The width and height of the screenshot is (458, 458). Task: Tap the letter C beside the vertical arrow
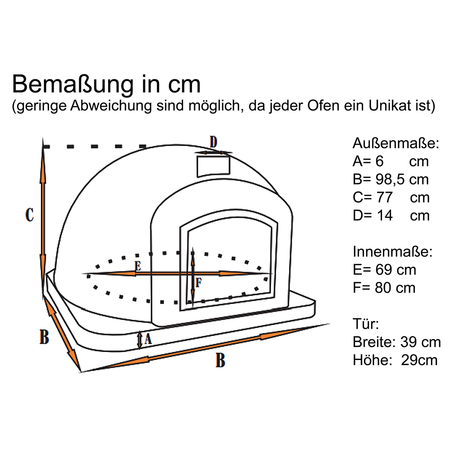pos(29,215)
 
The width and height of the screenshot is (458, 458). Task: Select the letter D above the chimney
pos(213,142)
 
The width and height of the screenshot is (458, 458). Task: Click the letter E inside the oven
pos(138,266)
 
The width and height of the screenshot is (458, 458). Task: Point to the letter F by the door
pos(199,283)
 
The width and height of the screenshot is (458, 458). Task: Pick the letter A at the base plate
pos(148,339)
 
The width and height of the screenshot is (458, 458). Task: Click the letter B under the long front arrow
pos(220,360)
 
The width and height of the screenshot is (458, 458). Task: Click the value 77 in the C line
pos(384,197)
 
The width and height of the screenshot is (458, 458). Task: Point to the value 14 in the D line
pos(384,216)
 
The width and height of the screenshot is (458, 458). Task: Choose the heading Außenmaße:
pos(396,143)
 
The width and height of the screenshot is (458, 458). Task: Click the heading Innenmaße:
pos(393,251)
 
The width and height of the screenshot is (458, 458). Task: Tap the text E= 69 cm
pos(384,270)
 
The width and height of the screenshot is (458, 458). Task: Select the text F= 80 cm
pos(384,288)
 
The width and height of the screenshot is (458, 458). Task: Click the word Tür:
pos(365,324)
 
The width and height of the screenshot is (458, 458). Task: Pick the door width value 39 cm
pos(420,342)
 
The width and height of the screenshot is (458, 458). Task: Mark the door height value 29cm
pos(419,360)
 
